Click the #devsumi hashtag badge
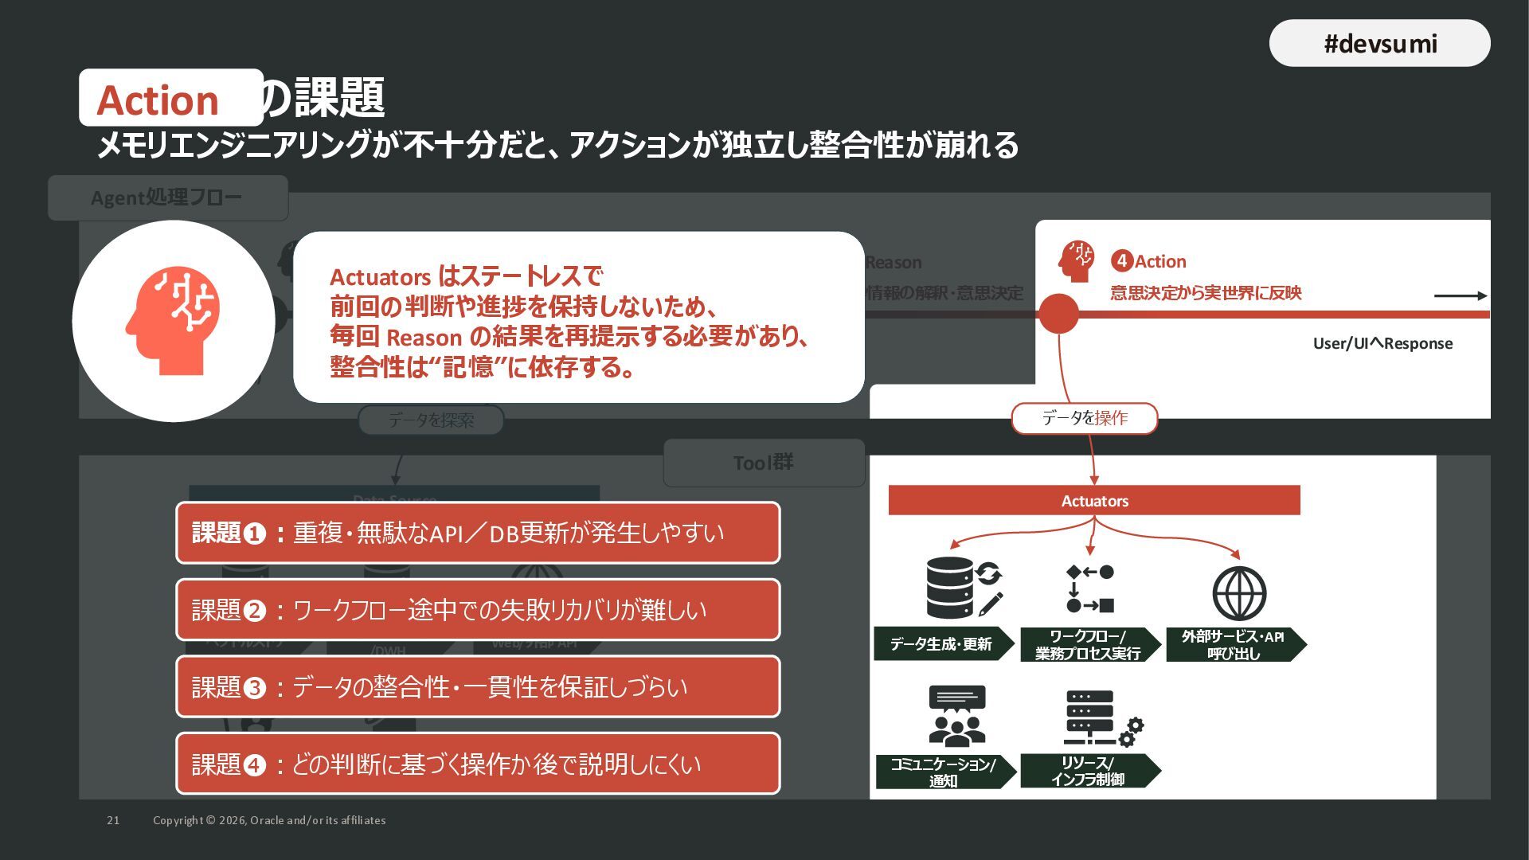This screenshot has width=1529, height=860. coord(1379,43)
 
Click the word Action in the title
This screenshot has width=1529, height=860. coord(158,100)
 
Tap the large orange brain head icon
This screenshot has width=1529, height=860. coord(173,321)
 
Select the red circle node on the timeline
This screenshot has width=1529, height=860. coord(1058,314)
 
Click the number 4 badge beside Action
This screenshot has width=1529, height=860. coord(1121,260)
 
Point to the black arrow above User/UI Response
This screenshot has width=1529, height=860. coord(1460,295)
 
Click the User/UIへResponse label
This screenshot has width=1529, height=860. coord(1382,343)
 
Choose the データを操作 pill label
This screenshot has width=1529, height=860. coord(1084,418)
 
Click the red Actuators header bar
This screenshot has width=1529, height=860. coord(1094,500)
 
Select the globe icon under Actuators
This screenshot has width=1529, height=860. coord(1239,593)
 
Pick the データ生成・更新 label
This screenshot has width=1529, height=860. coord(941,644)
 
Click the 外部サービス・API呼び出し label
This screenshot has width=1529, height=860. coord(1233,644)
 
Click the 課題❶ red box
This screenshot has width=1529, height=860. coord(478,533)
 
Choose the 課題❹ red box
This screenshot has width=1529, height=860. coord(478,764)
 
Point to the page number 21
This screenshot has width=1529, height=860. coord(113,820)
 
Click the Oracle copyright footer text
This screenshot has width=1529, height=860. coord(269,820)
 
